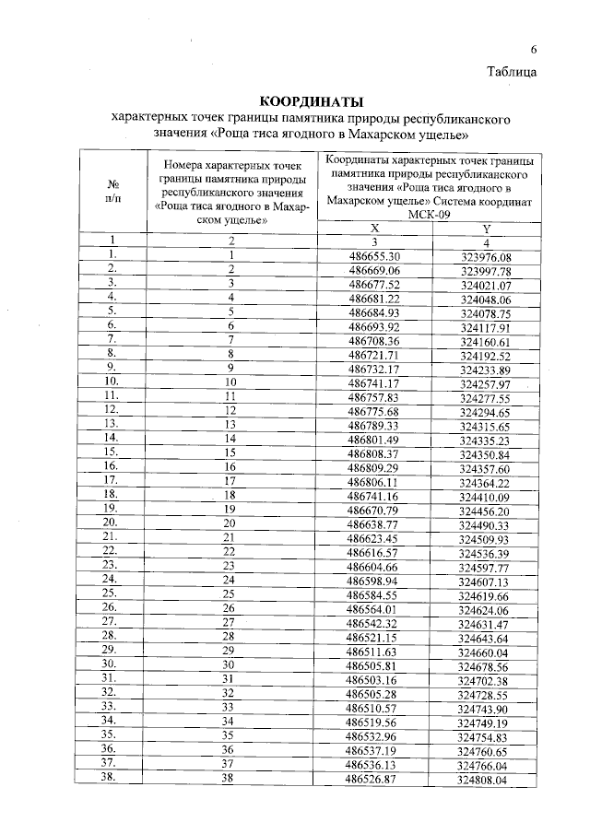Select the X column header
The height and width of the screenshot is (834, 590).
(374, 229)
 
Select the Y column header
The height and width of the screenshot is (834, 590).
(485, 229)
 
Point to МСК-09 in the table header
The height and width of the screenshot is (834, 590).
(429, 216)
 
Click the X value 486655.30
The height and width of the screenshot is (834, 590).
(375, 256)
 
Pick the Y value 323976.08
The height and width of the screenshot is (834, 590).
(485, 257)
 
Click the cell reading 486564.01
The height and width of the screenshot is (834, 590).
(373, 609)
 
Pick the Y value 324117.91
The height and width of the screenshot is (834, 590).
(485, 327)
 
